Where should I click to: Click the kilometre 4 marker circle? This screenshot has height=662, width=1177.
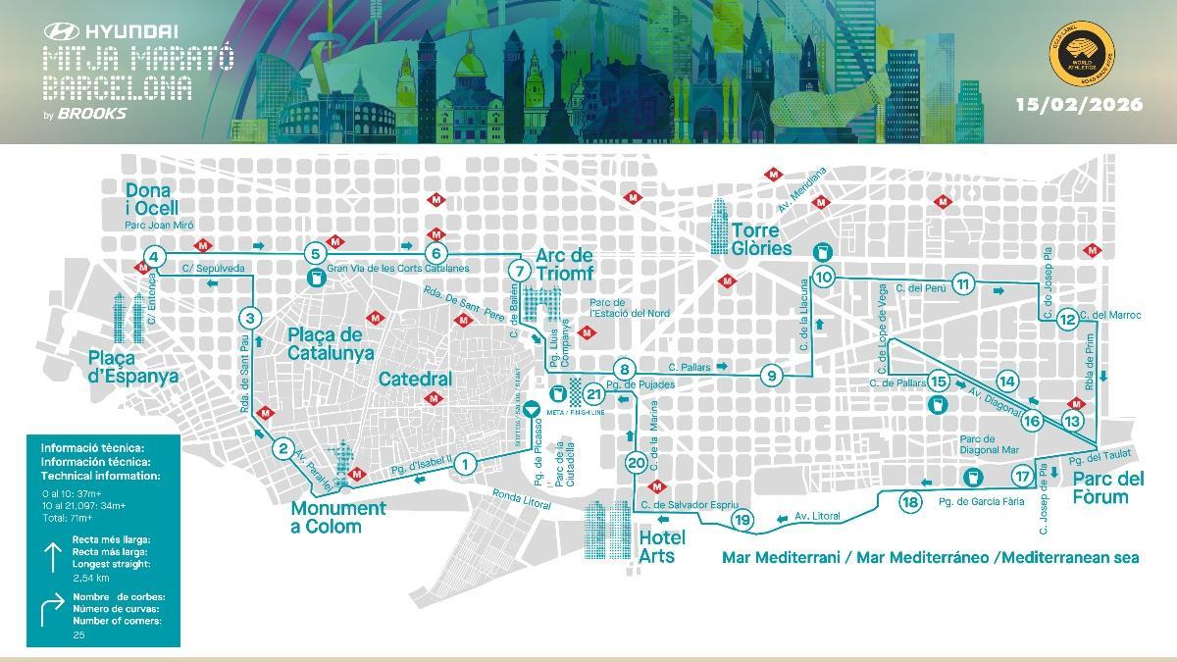coord(152,257)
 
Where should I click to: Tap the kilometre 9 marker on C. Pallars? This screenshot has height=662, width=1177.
coord(772,376)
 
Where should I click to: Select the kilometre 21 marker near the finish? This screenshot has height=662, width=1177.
coord(592,394)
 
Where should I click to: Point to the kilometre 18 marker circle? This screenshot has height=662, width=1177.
coord(910,502)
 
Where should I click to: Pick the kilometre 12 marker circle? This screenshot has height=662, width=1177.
coord(1067,318)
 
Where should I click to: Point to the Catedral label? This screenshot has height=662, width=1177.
coord(415,379)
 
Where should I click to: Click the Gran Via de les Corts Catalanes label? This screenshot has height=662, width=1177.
coord(398,268)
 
